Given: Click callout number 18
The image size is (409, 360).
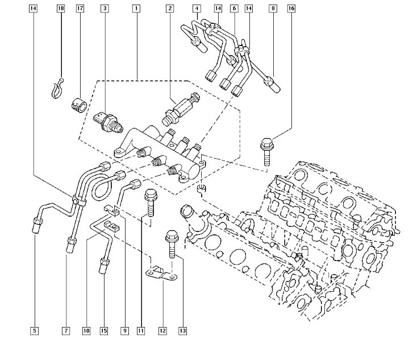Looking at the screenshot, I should click(61, 9).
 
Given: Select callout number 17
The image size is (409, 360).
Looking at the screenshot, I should click(80, 9).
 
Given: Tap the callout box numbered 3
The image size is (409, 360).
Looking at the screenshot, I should click(105, 9).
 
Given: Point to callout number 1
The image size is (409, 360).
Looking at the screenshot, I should click(136, 9).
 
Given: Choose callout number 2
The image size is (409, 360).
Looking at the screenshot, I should click(170, 9).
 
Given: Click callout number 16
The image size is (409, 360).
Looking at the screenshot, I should click(291, 9).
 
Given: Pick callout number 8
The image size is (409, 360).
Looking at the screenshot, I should click(273, 9).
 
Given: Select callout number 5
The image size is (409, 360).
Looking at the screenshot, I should click(34, 330).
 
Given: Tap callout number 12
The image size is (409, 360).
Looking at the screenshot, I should click(162, 330).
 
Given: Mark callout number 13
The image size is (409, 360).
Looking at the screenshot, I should click(182, 330).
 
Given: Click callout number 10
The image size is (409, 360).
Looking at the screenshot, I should click(86, 330).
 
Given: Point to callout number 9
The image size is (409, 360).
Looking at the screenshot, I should click(124, 330).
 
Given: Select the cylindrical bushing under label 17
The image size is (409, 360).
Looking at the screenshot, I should click(77, 105).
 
